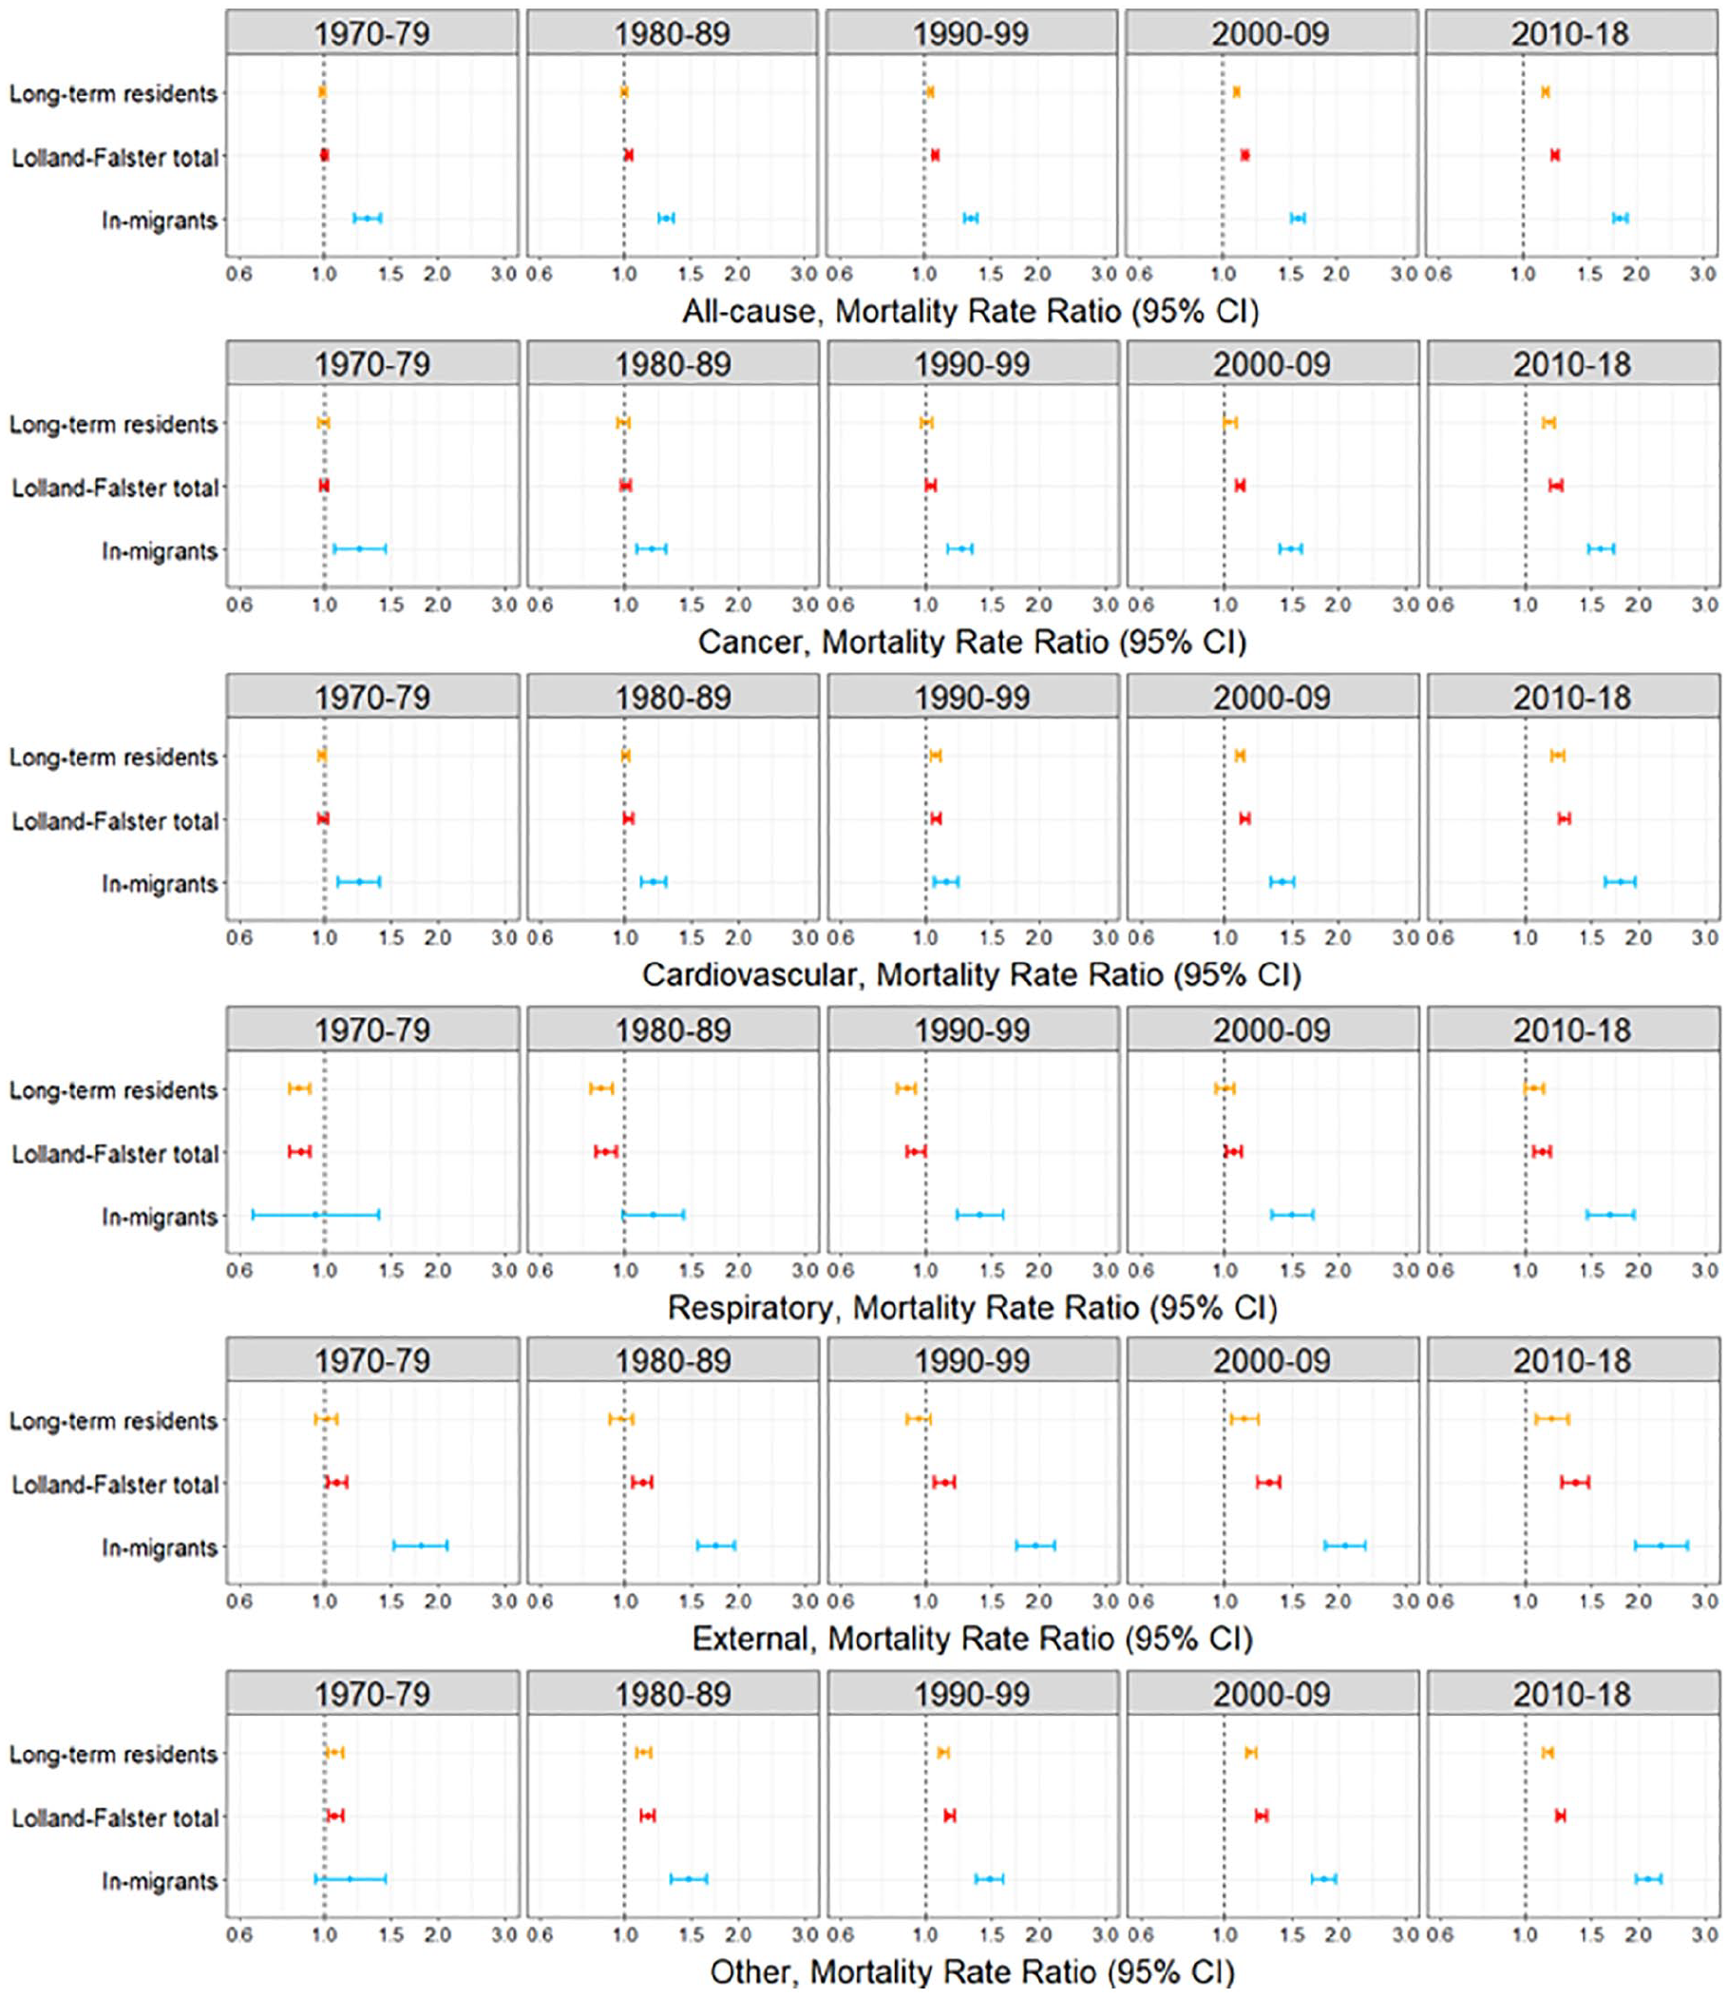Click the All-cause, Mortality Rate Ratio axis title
pyautogui.click(x=970, y=311)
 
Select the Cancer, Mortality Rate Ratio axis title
pyautogui.click(x=972, y=642)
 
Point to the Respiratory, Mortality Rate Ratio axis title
pyautogui.click(x=972, y=1307)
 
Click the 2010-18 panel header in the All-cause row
pyautogui.click(x=1571, y=33)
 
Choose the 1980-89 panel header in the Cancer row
pyautogui.click(x=674, y=364)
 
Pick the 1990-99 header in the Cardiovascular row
pyautogui.click(x=973, y=697)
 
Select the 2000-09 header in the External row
pyautogui.click(x=1273, y=1360)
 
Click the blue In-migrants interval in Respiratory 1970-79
pyautogui.click(x=315, y=1215)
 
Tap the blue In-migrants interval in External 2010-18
pyautogui.click(x=1661, y=1546)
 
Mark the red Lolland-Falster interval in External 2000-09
pyautogui.click(x=1268, y=1482)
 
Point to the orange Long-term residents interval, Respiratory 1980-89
pyautogui.click(x=600, y=1088)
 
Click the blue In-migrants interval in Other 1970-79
pyautogui.click(x=350, y=1878)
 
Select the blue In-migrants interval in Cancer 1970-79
pyautogui.click(x=360, y=549)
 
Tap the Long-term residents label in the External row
pyautogui.click(x=114, y=1421)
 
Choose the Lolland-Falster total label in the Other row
pyautogui.click(x=116, y=1817)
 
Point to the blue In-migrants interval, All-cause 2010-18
pyautogui.click(x=1620, y=218)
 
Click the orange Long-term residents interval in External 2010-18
pyautogui.click(x=1551, y=1418)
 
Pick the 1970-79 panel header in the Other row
pyautogui.click(x=372, y=1693)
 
